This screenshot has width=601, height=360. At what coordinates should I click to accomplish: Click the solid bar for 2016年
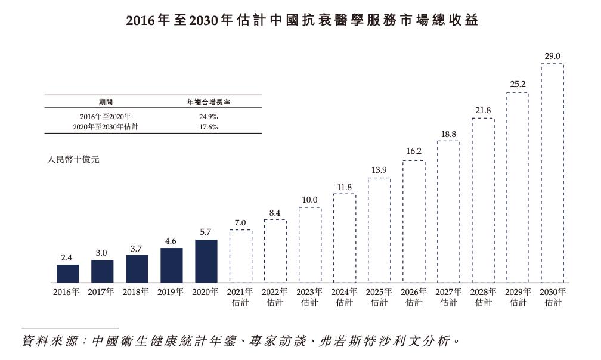67,274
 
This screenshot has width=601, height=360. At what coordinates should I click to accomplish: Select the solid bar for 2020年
206,261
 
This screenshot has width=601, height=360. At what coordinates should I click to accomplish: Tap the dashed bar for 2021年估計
241,256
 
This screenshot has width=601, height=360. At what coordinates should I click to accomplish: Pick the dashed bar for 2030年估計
552,173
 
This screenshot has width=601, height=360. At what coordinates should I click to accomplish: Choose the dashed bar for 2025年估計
379,230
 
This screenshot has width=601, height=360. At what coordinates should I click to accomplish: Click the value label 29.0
552,57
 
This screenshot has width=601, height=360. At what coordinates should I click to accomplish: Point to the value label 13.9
379,170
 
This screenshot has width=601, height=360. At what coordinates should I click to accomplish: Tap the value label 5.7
206,232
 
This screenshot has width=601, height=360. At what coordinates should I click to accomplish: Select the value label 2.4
67,257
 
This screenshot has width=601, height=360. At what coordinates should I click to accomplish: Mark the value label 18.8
448,134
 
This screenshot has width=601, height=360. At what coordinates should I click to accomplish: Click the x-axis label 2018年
137,292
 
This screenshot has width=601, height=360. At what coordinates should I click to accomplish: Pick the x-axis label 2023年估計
310,297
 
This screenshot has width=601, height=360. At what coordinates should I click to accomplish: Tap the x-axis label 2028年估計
483,297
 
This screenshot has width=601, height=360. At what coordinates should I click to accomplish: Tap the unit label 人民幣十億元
73,160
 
